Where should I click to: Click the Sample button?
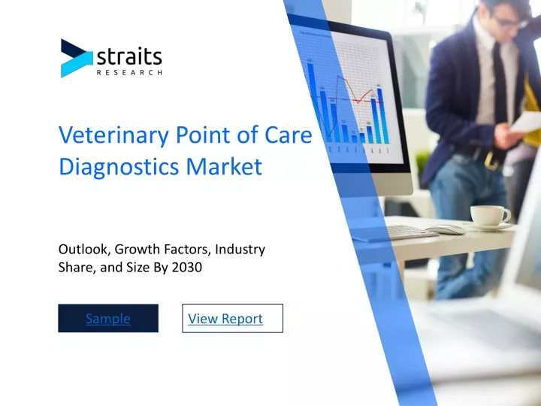point(108,318)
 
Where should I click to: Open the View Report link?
point(225,319)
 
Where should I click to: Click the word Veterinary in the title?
point(114,135)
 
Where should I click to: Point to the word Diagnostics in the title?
point(119,167)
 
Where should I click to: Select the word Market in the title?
point(224,166)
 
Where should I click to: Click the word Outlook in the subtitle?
point(84,250)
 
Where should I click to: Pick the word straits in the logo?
point(129,56)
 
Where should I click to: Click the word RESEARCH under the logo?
point(129,72)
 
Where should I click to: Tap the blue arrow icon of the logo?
point(76,59)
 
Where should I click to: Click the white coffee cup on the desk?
point(490,216)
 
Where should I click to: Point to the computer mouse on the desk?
point(446,229)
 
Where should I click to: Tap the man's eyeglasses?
point(511,22)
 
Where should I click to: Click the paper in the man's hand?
point(525,122)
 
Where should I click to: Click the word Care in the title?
point(289,135)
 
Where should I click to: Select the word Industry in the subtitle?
point(240,250)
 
